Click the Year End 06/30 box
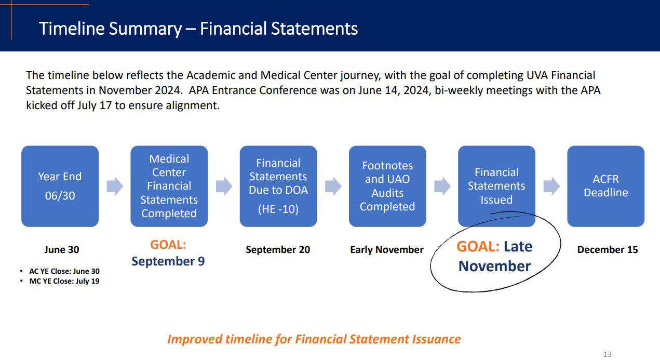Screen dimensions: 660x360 [60, 186]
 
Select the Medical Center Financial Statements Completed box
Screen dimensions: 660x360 [169, 186]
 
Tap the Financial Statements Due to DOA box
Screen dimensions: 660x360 [278, 186]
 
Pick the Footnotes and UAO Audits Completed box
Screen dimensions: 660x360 [387, 186]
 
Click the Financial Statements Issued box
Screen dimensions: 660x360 [496, 186]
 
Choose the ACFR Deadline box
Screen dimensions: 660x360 [606, 186]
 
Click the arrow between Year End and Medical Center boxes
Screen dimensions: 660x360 [115, 186]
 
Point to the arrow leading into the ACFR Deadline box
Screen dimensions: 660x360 [551, 186]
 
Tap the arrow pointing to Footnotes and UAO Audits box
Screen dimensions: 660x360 [333, 186]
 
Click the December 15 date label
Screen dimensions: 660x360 [608, 250]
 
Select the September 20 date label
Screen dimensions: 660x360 [278, 250]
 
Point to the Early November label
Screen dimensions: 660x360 [386, 250]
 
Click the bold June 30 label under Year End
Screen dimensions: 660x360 [62, 250]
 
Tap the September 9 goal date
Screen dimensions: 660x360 [168, 261]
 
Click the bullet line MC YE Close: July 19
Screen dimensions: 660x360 [64, 281]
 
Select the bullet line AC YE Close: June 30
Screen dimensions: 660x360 [64, 271]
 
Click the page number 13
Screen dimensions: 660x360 [607, 354]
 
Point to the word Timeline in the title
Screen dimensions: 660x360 [72, 29]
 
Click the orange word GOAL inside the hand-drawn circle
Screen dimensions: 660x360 [478, 246]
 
